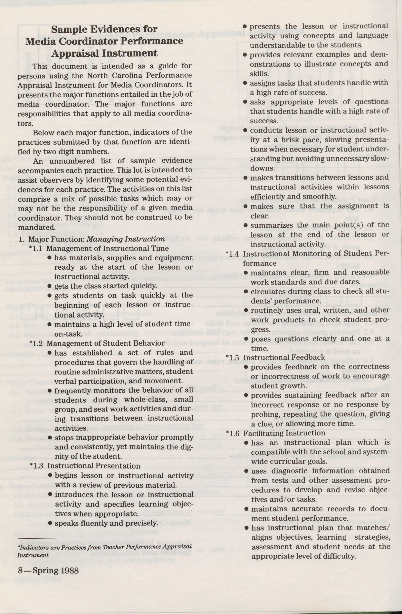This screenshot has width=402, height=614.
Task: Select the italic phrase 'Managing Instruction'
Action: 126,239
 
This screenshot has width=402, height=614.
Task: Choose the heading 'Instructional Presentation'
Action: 94,466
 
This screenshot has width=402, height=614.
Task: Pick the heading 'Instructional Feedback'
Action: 284,357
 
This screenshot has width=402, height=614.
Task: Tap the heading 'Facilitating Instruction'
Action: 284,433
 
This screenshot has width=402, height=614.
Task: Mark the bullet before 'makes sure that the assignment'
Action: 246,206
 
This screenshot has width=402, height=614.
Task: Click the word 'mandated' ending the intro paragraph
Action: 36,227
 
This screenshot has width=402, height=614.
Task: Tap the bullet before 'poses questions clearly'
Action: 246,339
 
